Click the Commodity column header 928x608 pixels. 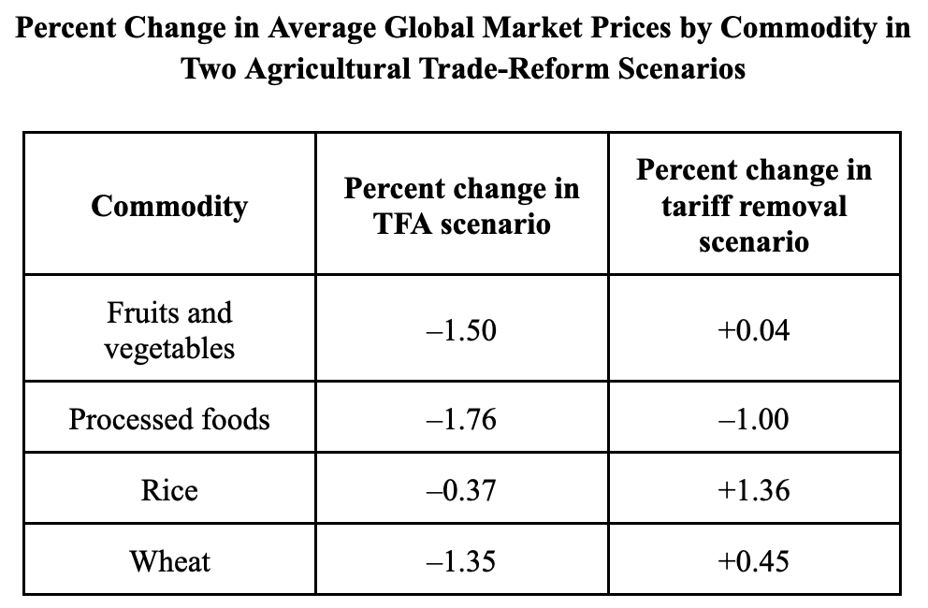tap(169, 207)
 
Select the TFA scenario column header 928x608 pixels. tap(461, 206)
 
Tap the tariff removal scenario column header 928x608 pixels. tap(754, 206)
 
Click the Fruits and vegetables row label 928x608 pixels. tap(169, 330)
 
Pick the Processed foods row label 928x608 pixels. tap(169, 419)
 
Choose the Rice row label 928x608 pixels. tap(169, 490)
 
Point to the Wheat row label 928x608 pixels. tap(170, 561)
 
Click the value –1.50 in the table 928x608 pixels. tap(461, 330)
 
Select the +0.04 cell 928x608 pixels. tap(753, 330)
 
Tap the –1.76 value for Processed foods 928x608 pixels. tap(461, 419)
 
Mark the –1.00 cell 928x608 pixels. tap(753, 419)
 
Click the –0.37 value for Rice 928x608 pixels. tap(461, 490)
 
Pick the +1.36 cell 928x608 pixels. tap(753, 490)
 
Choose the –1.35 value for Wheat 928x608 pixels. tap(461, 561)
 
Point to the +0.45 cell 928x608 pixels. tap(753, 561)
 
